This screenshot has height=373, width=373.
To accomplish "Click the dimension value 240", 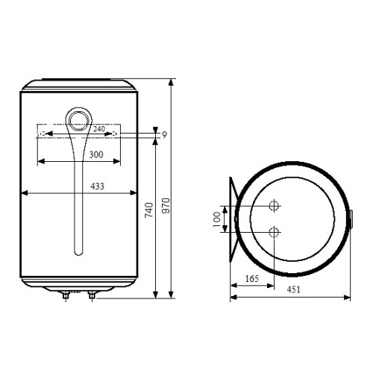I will point(99,128).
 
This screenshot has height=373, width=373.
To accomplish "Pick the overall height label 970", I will point(166,202).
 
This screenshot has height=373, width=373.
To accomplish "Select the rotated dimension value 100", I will point(215,218).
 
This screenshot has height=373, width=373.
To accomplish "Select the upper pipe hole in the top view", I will point(275,205).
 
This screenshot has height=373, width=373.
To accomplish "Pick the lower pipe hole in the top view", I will point(275,231).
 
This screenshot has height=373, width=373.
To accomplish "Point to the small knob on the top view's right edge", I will point(351,218).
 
